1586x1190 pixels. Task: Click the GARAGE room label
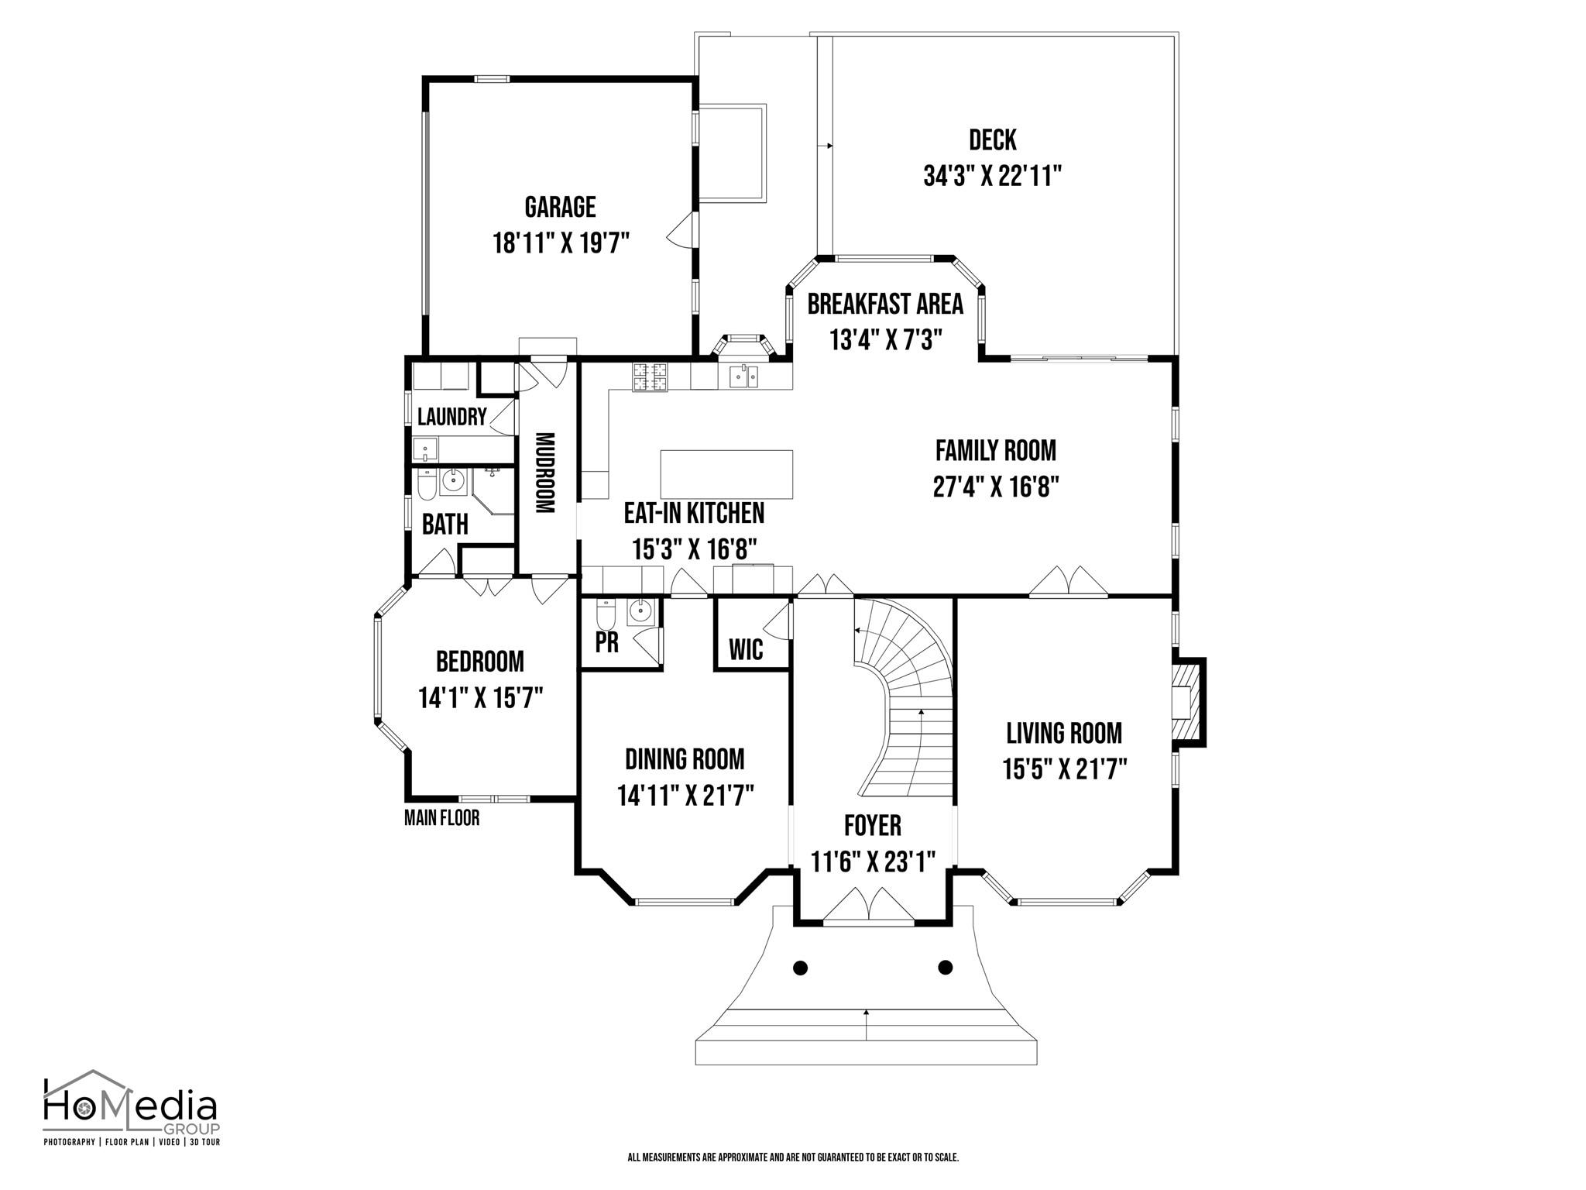point(560,207)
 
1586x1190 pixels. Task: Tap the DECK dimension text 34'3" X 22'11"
point(992,177)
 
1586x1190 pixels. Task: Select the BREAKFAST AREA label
point(885,304)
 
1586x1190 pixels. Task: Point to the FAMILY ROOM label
point(996,450)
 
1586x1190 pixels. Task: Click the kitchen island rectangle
point(726,475)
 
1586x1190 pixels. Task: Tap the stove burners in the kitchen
point(651,377)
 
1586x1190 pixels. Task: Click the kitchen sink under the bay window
point(743,377)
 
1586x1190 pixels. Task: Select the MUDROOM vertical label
point(545,473)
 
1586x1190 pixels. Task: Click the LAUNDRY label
point(451,417)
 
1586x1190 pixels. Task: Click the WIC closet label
point(747,649)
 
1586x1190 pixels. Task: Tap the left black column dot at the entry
point(801,967)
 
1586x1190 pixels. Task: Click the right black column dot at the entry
point(945,967)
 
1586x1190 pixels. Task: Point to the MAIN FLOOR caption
point(441,817)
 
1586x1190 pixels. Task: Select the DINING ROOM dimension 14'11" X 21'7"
point(685,796)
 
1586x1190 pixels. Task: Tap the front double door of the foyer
point(868,907)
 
